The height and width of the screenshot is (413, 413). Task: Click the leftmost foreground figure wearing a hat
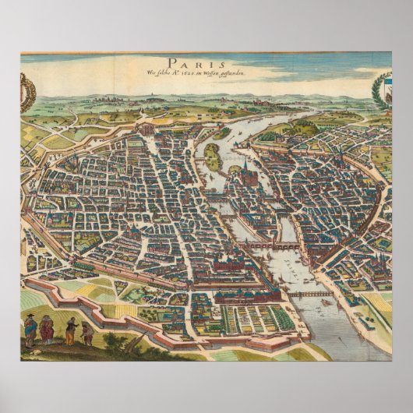pos(31,330)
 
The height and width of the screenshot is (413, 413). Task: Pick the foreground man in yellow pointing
pos(72,330)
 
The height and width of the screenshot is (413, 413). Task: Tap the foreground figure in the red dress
pos(47,330)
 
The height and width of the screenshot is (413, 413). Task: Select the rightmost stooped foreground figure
pos(87,334)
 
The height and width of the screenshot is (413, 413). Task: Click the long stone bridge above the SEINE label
pos(269,245)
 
